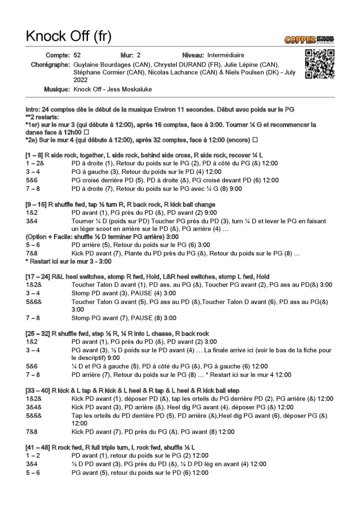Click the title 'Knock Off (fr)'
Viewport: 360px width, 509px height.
tap(68, 37)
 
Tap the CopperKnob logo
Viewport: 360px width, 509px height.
tap(309, 40)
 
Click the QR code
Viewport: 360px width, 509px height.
tap(319, 64)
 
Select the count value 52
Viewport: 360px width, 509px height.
tap(77, 55)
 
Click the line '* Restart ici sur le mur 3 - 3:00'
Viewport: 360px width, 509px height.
tap(69, 262)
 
